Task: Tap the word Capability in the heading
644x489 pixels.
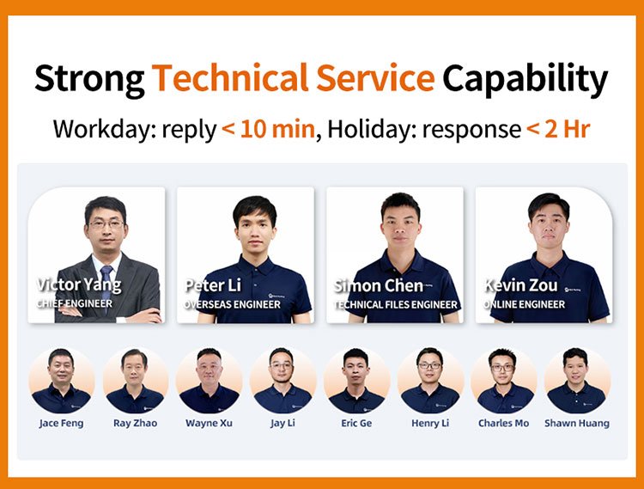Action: [525, 79]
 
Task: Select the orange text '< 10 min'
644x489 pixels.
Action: [268, 130]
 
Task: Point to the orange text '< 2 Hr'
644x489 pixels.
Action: [557, 130]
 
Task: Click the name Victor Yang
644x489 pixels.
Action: [79, 284]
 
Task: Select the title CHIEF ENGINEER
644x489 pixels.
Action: [74, 303]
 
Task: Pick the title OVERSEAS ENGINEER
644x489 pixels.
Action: [232, 303]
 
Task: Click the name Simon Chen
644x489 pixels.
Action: [379, 285]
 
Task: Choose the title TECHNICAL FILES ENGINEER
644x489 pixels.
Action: [395, 303]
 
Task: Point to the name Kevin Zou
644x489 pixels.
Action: [520, 284]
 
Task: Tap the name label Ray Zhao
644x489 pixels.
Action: [136, 423]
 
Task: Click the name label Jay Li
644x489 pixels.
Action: [283, 423]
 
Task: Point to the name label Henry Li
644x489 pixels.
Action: [430, 423]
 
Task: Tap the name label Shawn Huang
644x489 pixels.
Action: [577, 423]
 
